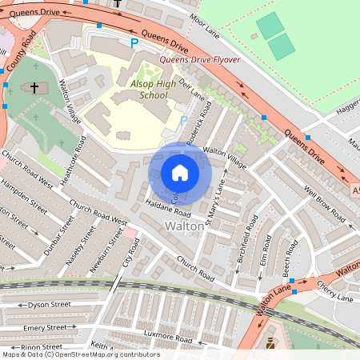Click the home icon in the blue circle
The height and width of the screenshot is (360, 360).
pos(180,173)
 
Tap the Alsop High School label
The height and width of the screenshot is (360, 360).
pos(144,89)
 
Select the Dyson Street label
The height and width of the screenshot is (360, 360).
pos(45,305)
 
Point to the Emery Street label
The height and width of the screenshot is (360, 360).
pos(45,327)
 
